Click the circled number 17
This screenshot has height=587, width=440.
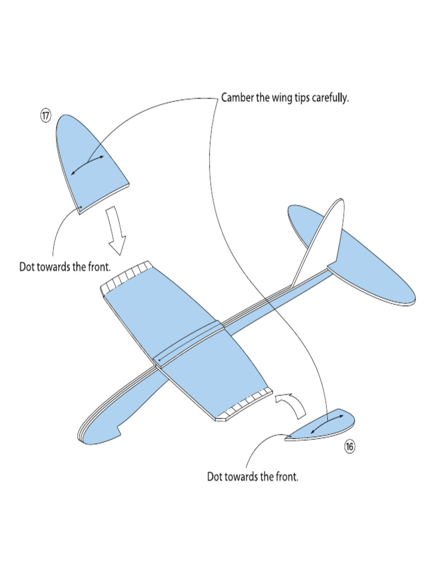click(x=45, y=115)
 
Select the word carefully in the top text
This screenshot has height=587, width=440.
click(x=330, y=99)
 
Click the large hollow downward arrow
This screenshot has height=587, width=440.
click(x=116, y=230)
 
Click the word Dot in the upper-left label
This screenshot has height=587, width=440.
click(x=27, y=267)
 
